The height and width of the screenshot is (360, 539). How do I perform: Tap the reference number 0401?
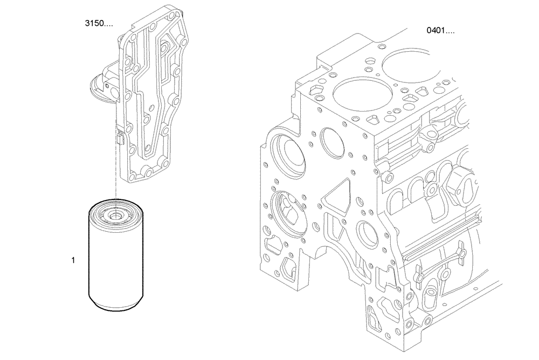pyautogui.click(x=440, y=30)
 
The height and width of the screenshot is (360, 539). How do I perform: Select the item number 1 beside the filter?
pyautogui.click(x=73, y=260)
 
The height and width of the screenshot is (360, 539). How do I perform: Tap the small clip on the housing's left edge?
pyautogui.click(x=120, y=139)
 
